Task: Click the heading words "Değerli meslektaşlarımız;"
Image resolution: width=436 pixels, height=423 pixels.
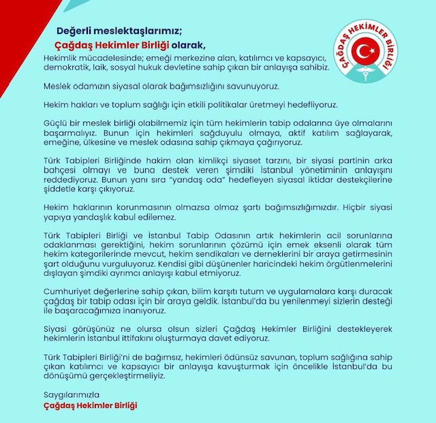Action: coord(120,31)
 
